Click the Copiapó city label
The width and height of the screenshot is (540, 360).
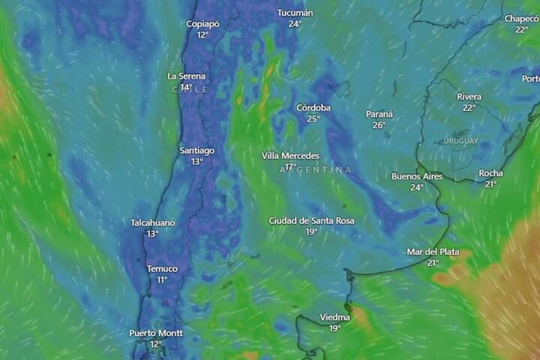(202, 24)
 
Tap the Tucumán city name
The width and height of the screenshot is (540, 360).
(295, 13)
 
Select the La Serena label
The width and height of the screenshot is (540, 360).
(185, 76)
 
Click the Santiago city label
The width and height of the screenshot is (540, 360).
(197, 151)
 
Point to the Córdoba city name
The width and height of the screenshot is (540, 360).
(313, 107)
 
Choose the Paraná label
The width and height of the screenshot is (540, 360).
(379, 114)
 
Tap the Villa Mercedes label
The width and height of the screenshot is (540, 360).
(290, 155)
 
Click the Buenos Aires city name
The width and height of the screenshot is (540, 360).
(417, 176)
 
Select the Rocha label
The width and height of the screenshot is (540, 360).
(491, 173)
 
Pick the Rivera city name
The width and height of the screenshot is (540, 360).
(469, 97)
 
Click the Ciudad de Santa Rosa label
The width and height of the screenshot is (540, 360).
(311, 220)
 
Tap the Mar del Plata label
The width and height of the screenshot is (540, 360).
(433, 252)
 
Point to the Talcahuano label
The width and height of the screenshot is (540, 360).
(153, 223)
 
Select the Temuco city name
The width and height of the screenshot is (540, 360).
(162, 268)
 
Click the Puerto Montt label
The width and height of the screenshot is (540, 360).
(156, 333)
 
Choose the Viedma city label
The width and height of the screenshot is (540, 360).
(335, 317)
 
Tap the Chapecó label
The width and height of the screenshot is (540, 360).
(522, 19)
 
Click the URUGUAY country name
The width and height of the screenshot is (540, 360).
(460, 141)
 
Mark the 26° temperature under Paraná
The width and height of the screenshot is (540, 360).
(379, 125)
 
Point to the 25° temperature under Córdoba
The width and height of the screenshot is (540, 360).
(313, 118)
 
